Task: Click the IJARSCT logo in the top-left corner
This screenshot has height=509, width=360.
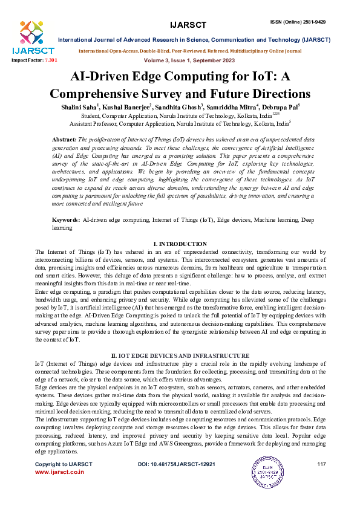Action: pos(27,37)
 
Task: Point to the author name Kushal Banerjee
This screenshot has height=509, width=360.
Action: pos(129,107)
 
